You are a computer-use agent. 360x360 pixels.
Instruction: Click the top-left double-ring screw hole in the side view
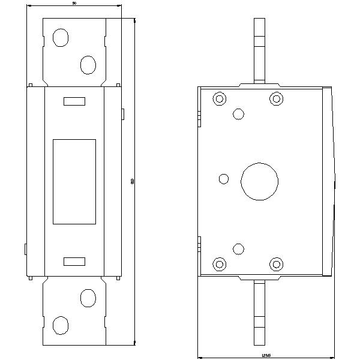click(220, 98)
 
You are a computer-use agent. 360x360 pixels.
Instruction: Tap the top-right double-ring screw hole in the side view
click(276, 98)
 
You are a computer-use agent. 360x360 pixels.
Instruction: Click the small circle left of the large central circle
click(224, 178)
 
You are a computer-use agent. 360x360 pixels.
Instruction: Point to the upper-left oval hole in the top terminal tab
click(60, 38)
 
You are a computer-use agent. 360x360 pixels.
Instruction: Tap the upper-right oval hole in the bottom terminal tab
click(88, 298)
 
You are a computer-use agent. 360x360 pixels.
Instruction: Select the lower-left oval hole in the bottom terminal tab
click(60, 325)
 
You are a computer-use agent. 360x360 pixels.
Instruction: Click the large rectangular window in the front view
click(74, 182)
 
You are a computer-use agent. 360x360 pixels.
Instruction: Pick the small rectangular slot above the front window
click(74, 101)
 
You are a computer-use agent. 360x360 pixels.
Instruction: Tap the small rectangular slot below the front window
click(74, 261)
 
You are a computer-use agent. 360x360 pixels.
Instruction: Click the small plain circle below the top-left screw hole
click(239, 113)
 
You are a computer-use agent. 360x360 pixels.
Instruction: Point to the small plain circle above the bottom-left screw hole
click(239, 248)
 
